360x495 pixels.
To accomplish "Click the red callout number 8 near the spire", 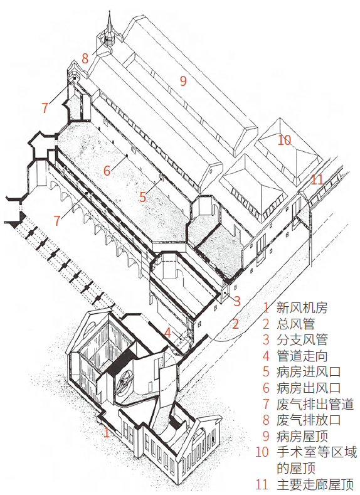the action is pos(85,58).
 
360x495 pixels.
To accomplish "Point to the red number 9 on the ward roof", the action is pos(183,80).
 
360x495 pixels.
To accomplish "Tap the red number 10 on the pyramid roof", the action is pos(284,140).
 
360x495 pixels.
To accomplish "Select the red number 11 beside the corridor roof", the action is pos(317,179).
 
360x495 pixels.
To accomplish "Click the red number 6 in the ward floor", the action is pos(107,171).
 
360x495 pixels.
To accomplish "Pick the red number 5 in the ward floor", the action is pos(143,196).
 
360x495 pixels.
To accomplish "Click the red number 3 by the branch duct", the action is pos(237,301).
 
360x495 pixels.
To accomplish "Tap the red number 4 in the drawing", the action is pos(167,333).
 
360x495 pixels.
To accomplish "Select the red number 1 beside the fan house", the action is pos(107,432).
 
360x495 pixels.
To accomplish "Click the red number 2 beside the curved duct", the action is pos(236,324).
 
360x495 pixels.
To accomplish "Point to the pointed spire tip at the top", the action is pos(110,11).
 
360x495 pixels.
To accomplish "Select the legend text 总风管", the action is pos(295,323).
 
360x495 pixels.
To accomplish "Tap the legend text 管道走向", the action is pos(302,356).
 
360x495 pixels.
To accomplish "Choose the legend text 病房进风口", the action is pos(309,371).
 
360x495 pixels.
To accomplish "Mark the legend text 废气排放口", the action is pos(309,420).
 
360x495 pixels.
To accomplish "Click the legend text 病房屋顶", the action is pos(302,436).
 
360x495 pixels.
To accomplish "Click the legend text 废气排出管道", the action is pos(315,404).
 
